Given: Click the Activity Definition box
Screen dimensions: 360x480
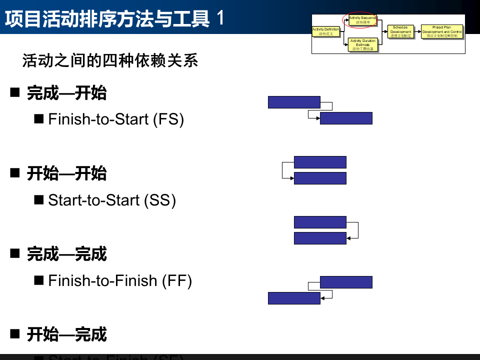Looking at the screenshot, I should pyautogui.click(x=326, y=31).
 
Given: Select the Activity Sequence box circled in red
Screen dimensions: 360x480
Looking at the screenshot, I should pyautogui.click(x=363, y=20).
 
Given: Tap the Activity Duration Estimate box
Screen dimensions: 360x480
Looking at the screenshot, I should pyautogui.click(x=363, y=44).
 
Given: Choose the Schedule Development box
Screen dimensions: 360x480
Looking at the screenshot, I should pyautogui.click(x=400, y=31).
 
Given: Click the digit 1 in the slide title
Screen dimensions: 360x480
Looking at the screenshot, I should pyautogui.click(x=220, y=19).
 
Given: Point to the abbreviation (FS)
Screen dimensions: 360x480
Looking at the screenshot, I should pyautogui.click(x=169, y=119).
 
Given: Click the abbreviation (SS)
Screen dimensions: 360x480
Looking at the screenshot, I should pyautogui.click(x=160, y=200).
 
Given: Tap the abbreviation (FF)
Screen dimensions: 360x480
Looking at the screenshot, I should pyautogui.click(x=177, y=280).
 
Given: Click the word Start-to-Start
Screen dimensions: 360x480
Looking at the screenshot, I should pyautogui.click(x=94, y=200).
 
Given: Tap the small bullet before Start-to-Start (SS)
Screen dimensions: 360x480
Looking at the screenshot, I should pyautogui.click(x=38, y=200).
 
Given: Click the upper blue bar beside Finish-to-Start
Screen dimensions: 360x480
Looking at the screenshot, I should pyautogui.click(x=294, y=102).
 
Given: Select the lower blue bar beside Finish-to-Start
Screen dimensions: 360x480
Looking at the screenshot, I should pyautogui.click(x=346, y=118).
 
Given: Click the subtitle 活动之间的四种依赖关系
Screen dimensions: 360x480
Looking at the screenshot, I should pyautogui.click(x=110, y=61).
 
